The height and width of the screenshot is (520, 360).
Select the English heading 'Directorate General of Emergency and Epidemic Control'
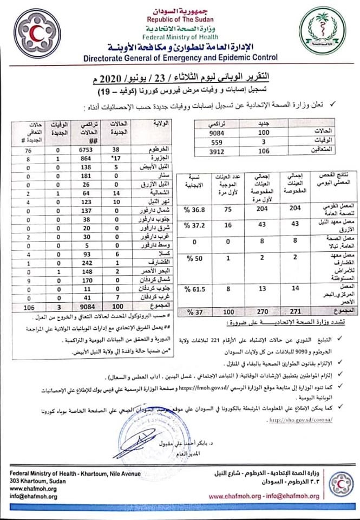180,57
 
